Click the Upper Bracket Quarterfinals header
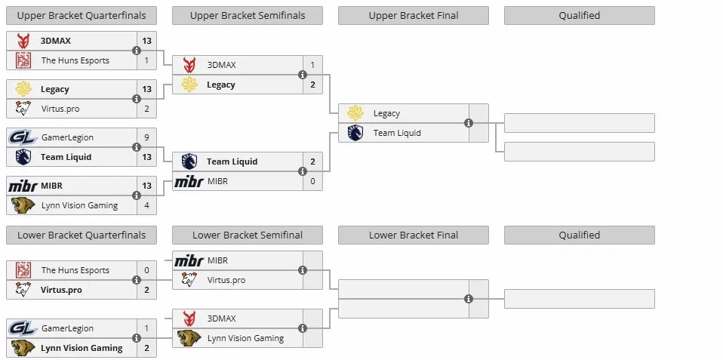[82, 16]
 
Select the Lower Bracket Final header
[413, 235]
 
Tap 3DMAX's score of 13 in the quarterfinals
[146, 41]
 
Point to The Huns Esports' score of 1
[146, 60]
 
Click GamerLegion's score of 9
[146, 137]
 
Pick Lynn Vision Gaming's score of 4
[146, 205]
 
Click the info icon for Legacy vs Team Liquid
[469, 123]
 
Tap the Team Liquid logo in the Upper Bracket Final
[355, 133]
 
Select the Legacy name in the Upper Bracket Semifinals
[221, 85]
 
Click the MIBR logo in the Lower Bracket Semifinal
[189, 260]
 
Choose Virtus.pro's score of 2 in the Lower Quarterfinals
[146, 290]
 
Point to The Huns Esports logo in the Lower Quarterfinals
[23, 271]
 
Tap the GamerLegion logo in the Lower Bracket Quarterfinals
[23, 328]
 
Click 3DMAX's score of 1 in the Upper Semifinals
[312, 65]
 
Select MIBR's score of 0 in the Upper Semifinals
[312, 181]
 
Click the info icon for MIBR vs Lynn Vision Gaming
[137, 195]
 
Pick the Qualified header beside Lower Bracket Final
[579, 235]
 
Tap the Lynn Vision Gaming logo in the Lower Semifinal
[189, 338]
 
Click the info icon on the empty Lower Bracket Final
[469, 299]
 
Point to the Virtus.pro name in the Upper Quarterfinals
[60, 109]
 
